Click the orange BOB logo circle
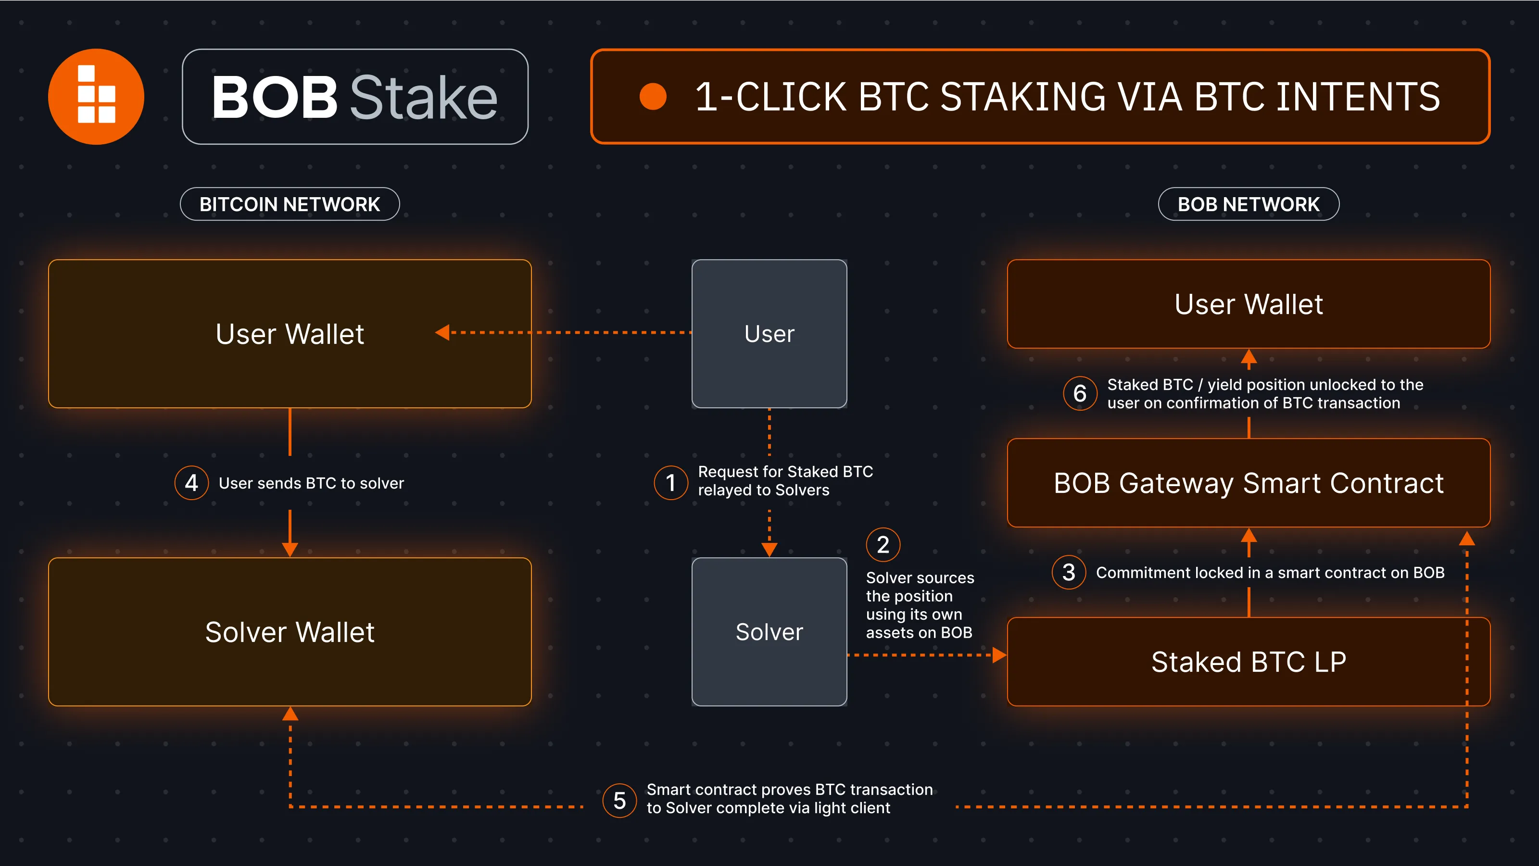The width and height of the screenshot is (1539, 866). (x=96, y=96)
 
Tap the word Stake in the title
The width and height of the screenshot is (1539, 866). (x=423, y=97)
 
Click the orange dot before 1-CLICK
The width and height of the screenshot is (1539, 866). (x=653, y=96)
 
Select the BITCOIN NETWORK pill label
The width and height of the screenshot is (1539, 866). (x=290, y=204)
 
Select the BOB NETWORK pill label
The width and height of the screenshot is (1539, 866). (x=1248, y=204)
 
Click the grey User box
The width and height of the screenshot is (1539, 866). (x=769, y=333)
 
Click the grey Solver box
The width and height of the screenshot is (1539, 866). (x=769, y=631)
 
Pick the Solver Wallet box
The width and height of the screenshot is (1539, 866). (x=290, y=631)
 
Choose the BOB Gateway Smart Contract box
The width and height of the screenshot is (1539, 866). (x=1248, y=483)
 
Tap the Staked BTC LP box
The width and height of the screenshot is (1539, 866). (x=1248, y=661)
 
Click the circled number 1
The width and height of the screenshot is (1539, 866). (x=671, y=483)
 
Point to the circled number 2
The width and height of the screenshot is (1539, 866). (x=883, y=545)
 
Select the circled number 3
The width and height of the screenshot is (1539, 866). (x=1069, y=572)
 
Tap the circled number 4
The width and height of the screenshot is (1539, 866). (x=191, y=483)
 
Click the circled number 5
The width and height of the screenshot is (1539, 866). (x=619, y=800)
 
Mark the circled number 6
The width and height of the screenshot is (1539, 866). (x=1080, y=393)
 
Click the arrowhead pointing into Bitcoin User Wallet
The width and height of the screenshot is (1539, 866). (x=442, y=332)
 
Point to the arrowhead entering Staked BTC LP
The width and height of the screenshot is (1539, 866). (x=999, y=655)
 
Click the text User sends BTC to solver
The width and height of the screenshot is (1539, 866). (x=311, y=483)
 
